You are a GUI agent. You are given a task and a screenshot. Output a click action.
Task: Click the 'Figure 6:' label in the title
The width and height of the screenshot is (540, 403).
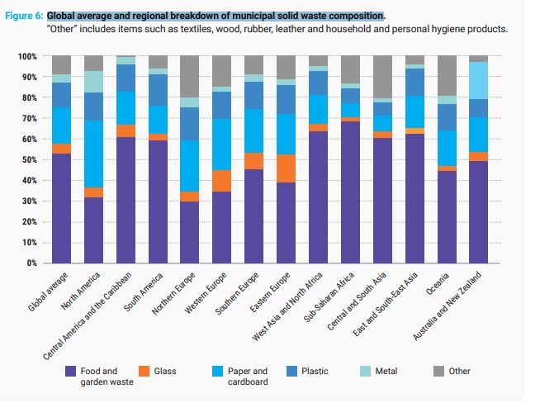tap(24, 16)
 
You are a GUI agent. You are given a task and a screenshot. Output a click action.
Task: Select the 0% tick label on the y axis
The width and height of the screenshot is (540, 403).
tap(31, 263)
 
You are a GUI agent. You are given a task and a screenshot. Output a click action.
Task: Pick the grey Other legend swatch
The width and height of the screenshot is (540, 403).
tap(440, 372)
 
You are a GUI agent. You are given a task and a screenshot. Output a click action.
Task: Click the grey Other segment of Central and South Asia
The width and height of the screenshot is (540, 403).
tap(381, 78)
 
